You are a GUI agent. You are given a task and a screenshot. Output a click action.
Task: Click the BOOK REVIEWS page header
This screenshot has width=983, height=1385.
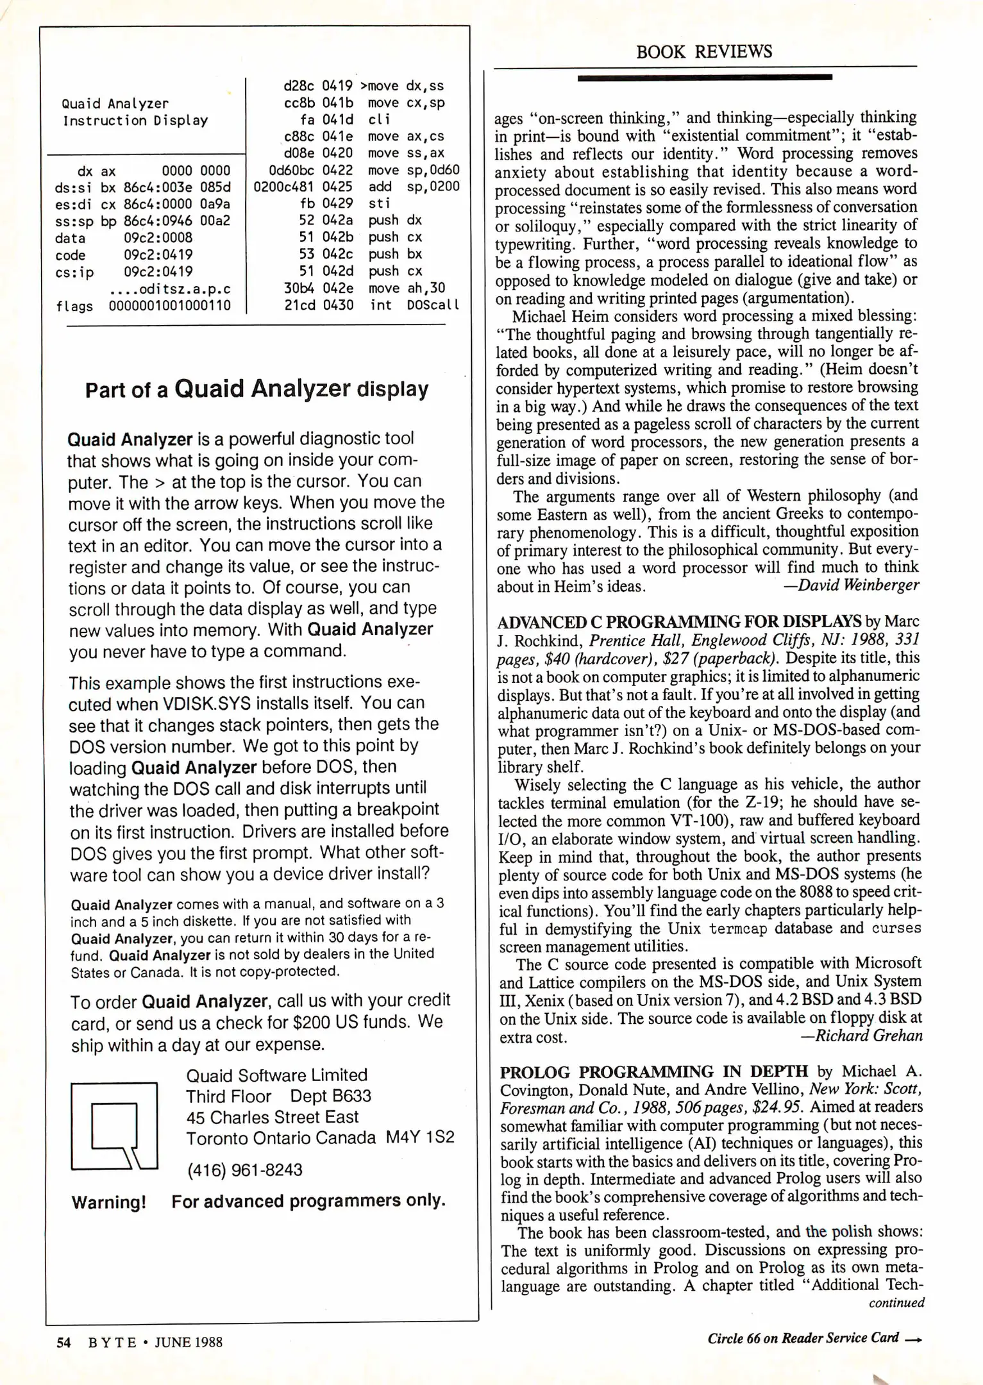click(x=703, y=52)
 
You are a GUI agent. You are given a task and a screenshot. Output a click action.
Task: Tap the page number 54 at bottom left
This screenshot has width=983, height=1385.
click(x=63, y=1341)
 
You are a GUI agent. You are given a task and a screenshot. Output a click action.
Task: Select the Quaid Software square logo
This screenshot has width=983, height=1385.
click(x=114, y=1126)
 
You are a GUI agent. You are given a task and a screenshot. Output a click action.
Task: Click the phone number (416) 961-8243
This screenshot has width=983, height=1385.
click(x=244, y=1170)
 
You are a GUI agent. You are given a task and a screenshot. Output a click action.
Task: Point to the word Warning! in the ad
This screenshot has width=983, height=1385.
click(x=108, y=1202)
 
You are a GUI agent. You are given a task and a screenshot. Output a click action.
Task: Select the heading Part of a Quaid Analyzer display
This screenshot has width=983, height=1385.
click(x=256, y=389)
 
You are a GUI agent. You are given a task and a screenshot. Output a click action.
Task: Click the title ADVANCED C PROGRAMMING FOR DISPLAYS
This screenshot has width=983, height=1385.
click(x=679, y=622)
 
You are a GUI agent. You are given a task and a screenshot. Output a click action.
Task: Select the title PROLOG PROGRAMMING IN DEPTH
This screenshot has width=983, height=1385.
click(x=653, y=1072)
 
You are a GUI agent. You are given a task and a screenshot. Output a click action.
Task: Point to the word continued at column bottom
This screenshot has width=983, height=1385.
click(x=896, y=1302)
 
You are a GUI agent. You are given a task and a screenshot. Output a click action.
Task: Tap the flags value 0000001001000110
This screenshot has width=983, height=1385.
click(x=169, y=306)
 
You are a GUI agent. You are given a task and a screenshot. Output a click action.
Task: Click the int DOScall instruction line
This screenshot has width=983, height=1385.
click(x=414, y=305)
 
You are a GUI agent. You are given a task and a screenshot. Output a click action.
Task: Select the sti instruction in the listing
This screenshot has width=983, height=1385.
click(x=378, y=203)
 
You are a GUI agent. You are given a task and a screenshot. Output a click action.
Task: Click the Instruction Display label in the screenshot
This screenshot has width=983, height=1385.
click(x=135, y=121)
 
